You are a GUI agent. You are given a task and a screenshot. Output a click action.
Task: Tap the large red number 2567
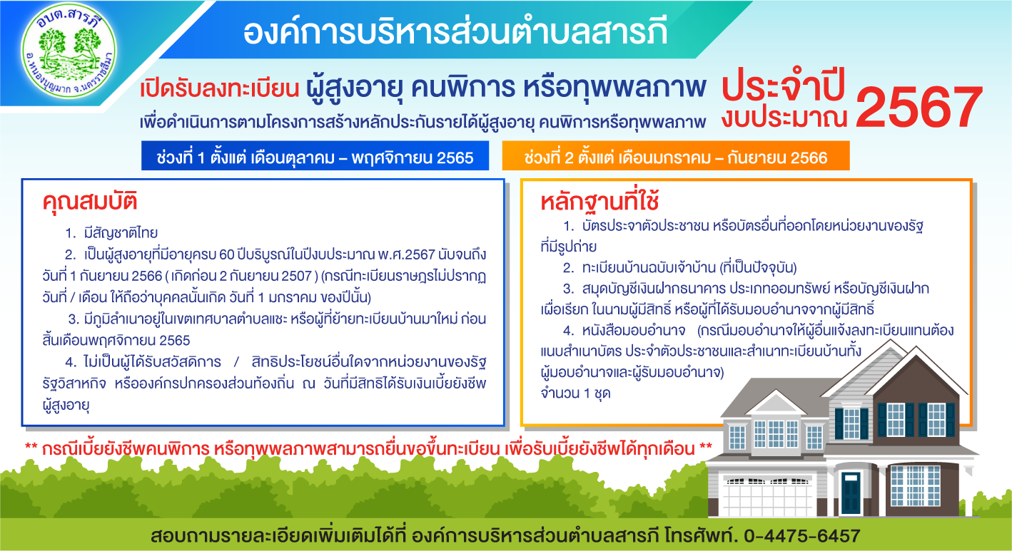tap(919, 107)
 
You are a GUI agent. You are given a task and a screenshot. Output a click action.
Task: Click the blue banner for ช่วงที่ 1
tap(315, 155)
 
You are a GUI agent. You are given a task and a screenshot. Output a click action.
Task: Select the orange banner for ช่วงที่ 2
tap(676, 155)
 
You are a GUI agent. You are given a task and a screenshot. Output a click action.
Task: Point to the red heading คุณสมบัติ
tap(90, 202)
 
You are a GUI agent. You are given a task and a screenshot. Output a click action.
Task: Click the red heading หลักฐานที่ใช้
tap(600, 202)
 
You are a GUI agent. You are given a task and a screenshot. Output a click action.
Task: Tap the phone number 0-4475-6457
tap(802, 535)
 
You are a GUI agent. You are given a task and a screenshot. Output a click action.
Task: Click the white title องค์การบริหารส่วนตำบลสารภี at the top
tap(455, 33)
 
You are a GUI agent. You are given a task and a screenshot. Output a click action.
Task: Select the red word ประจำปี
tap(784, 85)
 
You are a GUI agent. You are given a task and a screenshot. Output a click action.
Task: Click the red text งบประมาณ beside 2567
tap(784, 118)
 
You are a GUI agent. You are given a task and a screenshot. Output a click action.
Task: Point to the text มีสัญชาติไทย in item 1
tap(121, 233)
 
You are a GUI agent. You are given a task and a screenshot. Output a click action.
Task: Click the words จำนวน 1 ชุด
tap(575, 393)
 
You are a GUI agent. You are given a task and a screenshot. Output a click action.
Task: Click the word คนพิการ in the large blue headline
tap(462, 87)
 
